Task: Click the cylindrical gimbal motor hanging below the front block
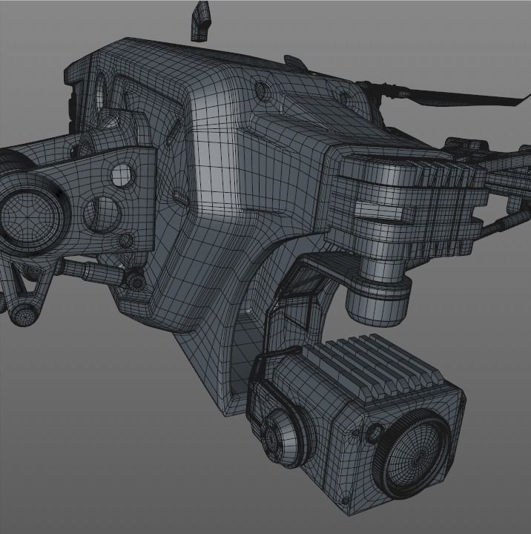[x=377, y=300]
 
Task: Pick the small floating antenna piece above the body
[x=200, y=20]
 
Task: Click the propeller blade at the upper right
[x=445, y=96]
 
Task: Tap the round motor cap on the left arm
[x=30, y=215]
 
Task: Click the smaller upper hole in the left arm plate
[x=122, y=175]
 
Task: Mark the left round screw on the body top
[x=262, y=91]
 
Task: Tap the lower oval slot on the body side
[x=180, y=198]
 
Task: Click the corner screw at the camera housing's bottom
[x=348, y=511]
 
